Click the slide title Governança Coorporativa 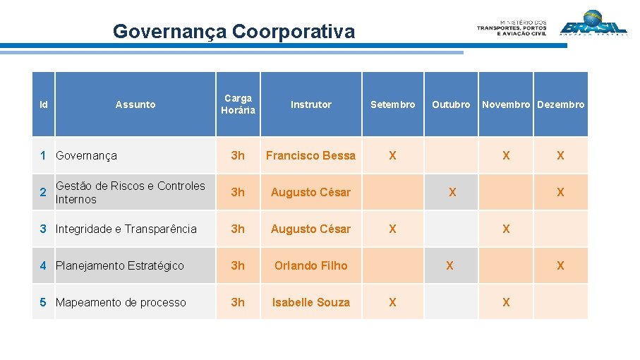pyautogui.click(x=234, y=32)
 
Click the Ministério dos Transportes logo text pyautogui.click(x=512, y=28)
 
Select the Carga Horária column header pyautogui.click(x=238, y=104)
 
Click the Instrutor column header pyautogui.click(x=310, y=104)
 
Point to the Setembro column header pyautogui.click(x=393, y=104)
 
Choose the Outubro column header pyautogui.click(x=451, y=104)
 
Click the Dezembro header pyautogui.click(x=561, y=104)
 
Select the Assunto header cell pyautogui.click(x=135, y=104)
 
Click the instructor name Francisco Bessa pyautogui.click(x=310, y=155)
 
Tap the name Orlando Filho pyautogui.click(x=310, y=265)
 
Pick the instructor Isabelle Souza pyautogui.click(x=310, y=302)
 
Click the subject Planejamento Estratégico pyautogui.click(x=120, y=265)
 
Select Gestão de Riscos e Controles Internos pyautogui.click(x=130, y=192)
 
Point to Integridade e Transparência pyautogui.click(x=126, y=229)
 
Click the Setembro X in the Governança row pyautogui.click(x=393, y=155)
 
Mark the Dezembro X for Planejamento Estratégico pyautogui.click(x=560, y=265)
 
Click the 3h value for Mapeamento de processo pyautogui.click(x=238, y=302)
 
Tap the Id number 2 pyautogui.click(x=43, y=192)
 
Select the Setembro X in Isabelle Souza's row pyautogui.click(x=393, y=302)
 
